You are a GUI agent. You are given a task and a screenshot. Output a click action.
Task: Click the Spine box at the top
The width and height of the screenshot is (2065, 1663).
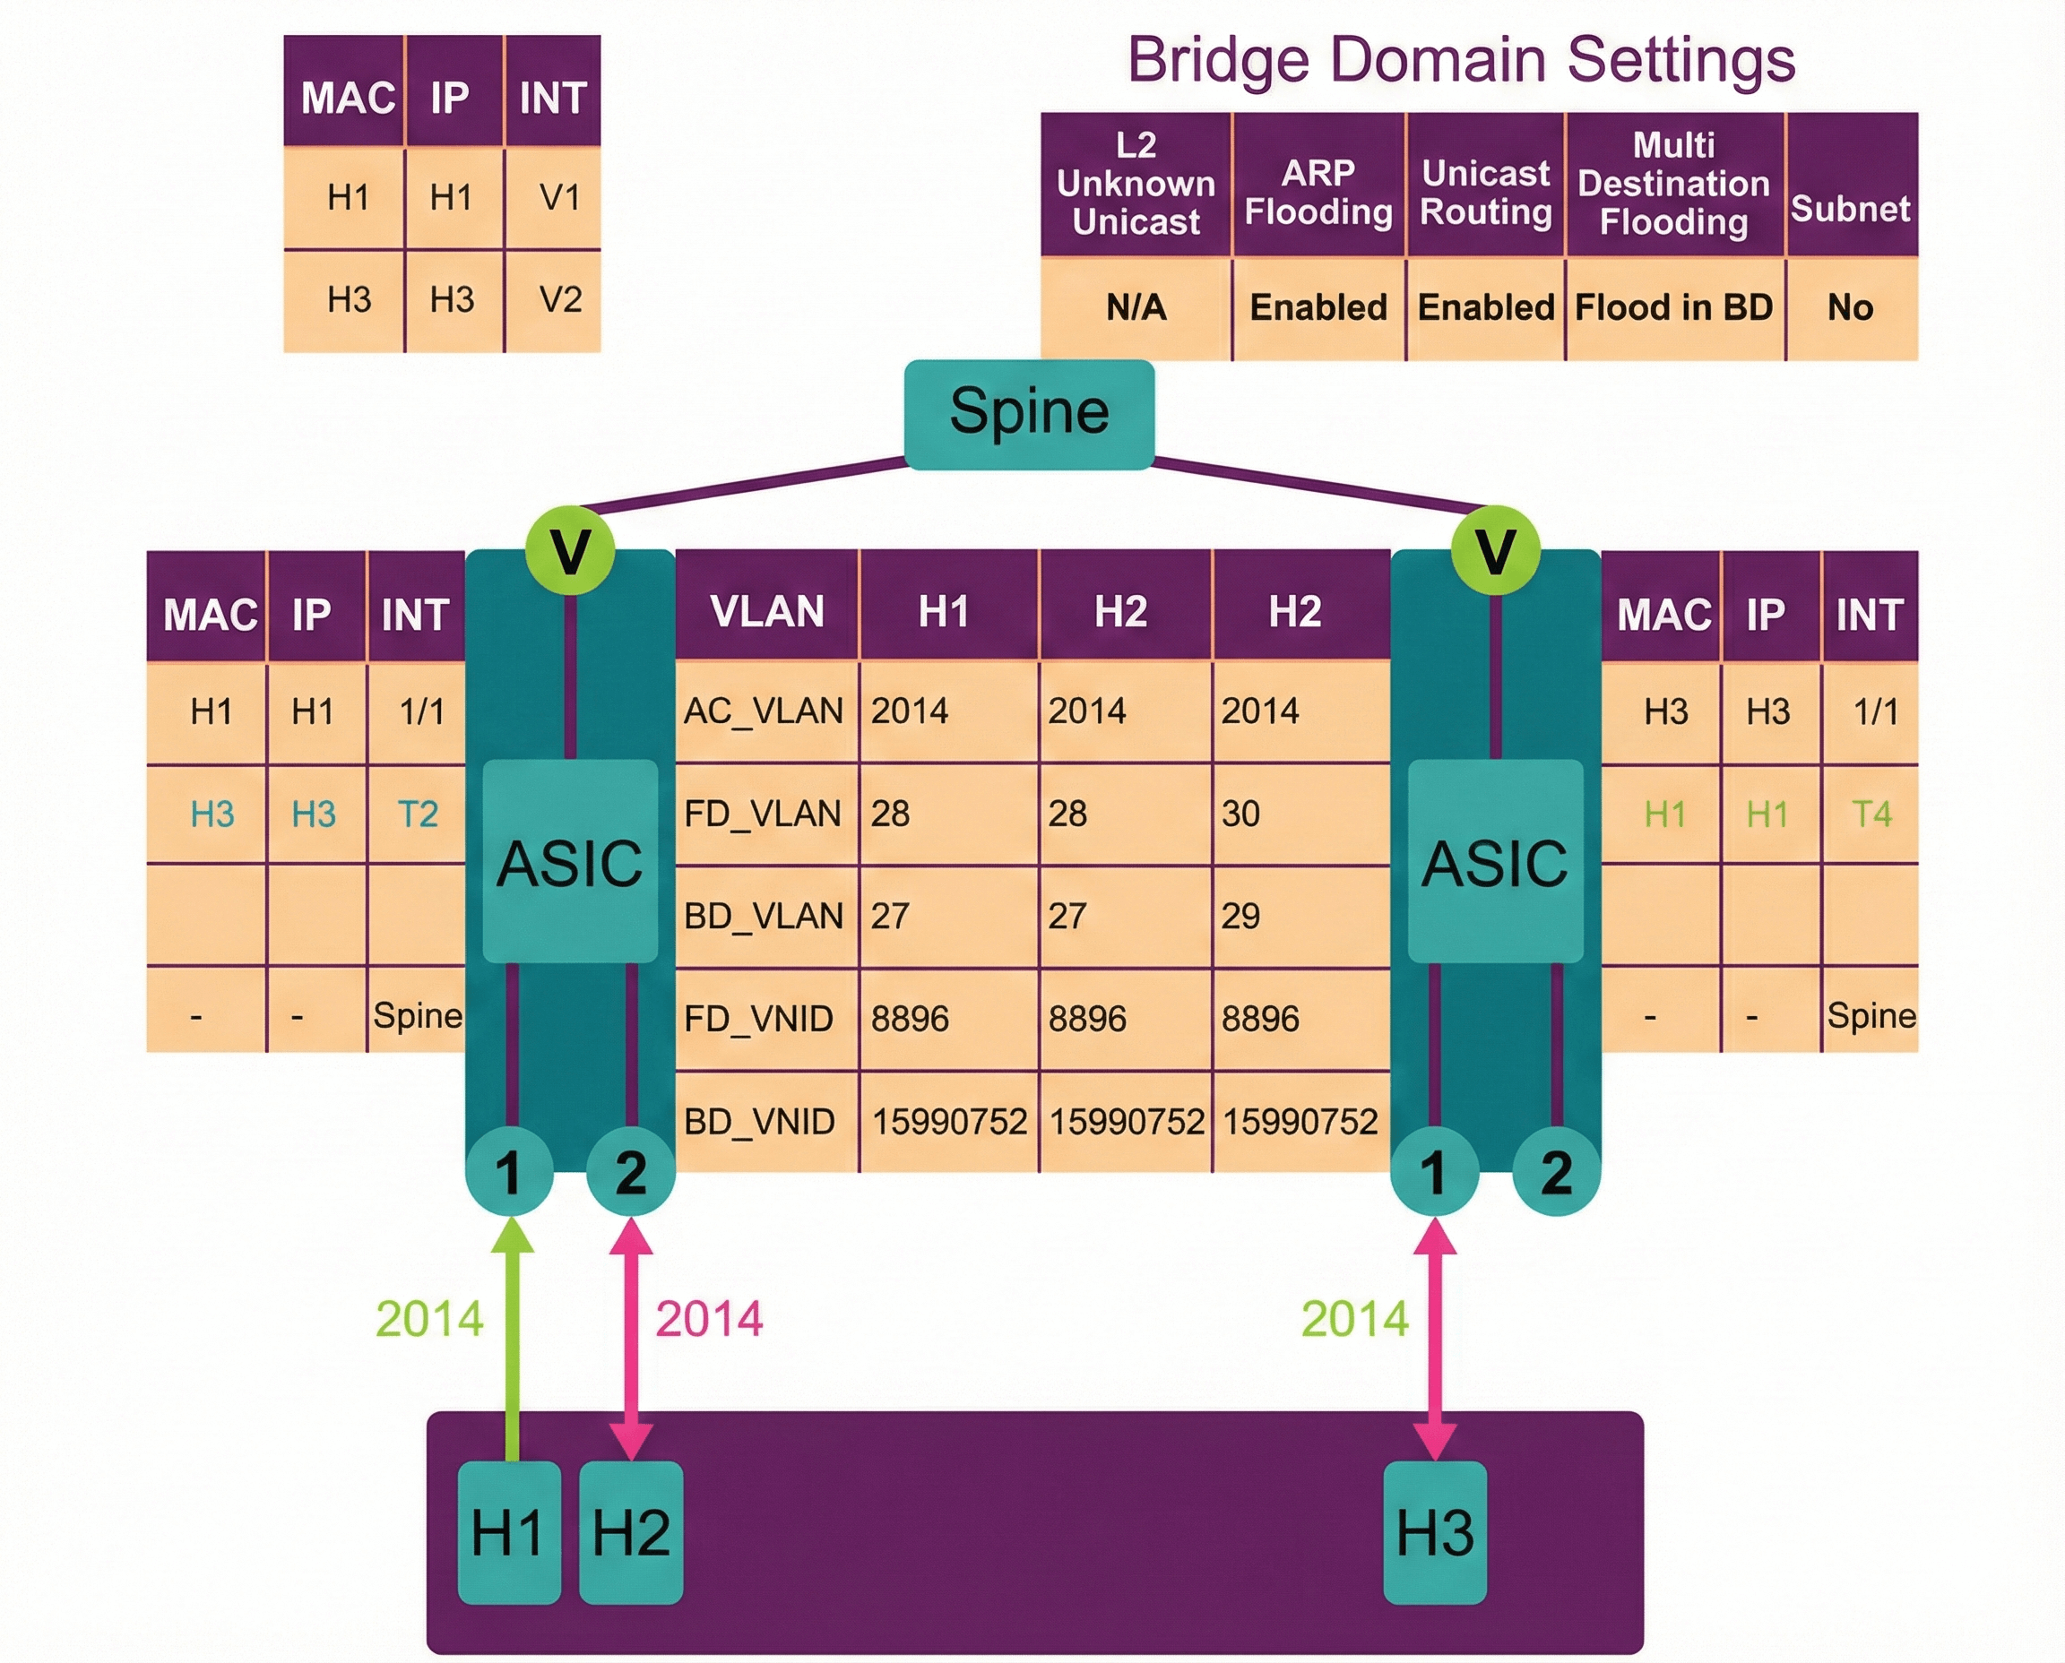click(1028, 414)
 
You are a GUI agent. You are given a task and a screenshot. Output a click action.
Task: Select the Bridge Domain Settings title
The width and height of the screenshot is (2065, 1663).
click(1460, 59)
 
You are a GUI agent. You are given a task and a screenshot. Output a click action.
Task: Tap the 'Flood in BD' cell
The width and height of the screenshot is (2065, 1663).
click(1673, 307)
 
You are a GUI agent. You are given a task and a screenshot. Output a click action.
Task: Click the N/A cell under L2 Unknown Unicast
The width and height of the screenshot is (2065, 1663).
click(1136, 307)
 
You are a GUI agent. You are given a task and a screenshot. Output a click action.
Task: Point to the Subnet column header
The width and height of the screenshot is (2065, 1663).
click(1851, 208)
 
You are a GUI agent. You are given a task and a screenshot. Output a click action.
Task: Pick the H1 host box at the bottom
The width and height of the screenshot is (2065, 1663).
click(508, 1532)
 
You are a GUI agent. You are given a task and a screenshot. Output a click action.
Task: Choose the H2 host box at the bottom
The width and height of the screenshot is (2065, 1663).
click(630, 1532)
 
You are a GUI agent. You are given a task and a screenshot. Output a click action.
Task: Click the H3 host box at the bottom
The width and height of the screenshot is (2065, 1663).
click(1435, 1532)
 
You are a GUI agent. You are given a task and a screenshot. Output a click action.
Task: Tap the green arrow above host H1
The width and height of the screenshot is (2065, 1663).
click(512, 1341)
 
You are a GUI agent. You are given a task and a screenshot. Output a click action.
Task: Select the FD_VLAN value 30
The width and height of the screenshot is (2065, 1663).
click(1241, 814)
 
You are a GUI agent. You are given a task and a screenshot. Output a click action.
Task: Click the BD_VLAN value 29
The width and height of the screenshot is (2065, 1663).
click(1241, 916)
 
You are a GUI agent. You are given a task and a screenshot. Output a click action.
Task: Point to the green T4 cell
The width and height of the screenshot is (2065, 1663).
click(1871, 814)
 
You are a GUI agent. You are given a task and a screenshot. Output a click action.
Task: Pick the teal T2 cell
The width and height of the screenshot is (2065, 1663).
click(418, 814)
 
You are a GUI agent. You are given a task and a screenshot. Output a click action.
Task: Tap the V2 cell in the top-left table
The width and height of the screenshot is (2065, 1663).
click(559, 300)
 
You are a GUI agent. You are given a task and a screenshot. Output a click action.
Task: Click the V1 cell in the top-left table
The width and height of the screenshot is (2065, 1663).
click(559, 197)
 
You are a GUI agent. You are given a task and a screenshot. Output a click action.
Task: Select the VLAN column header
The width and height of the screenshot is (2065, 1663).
click(766, 611)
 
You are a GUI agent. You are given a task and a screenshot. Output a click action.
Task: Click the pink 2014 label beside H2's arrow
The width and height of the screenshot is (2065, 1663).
click(709, 1319)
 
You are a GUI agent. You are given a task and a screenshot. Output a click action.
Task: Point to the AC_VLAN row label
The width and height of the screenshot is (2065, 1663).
click(763, 711)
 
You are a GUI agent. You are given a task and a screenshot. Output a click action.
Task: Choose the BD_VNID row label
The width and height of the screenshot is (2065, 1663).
click(759, 1121)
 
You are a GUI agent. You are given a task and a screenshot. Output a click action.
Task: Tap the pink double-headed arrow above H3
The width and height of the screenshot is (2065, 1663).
click(1435, 1341)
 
